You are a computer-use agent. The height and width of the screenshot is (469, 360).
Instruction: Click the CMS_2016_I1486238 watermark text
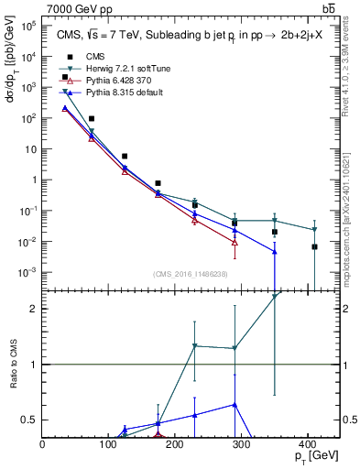pos(191,274)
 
